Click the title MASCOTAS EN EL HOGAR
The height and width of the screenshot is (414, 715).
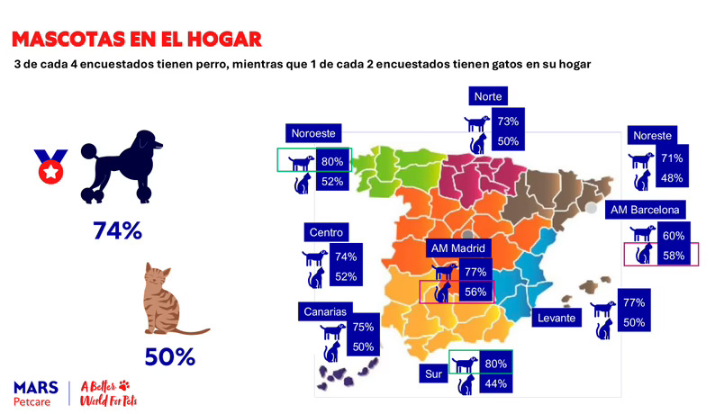pyautogui.click(x=137, y=40)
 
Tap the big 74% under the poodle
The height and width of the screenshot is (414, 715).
pyautogui.click(x=117, y=230)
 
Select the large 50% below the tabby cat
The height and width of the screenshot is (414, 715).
pyautogui.click(x=170, y=356)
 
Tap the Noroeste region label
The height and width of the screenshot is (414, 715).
pyautogui.click(x=312, y=133)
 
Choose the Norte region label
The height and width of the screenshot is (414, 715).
pyautogui.click(x=490, y=96)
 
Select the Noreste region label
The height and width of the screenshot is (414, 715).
pyautogui.click(x=652, y=135)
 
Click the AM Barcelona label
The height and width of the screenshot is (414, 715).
pyautogui.click(x=647, y=210)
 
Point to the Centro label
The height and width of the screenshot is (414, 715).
pyautogui.click(x=326, y=232)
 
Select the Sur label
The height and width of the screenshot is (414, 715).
pyautogui.click(x=432, y=371)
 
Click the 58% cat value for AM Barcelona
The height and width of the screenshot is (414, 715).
pyautogui.click(x=674, y=256)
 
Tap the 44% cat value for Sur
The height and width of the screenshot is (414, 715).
pyautogui.click(x=495, y=383)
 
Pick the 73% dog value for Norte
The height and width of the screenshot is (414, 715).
pyautogui.click(x=508, y=121)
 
